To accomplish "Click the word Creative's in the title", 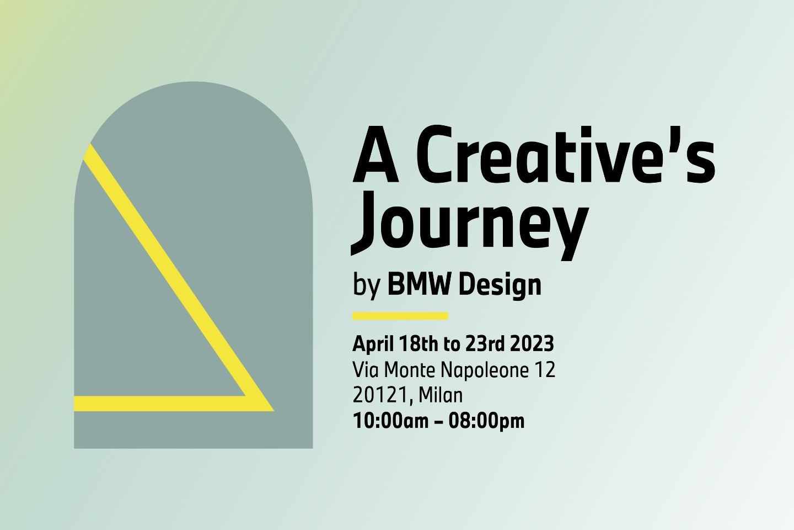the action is pyautogui.click(x=565, y=155).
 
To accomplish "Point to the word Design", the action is pyautogui.click(x=500, y=286).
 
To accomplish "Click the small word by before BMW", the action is pyautogui.click(x=367, y=287).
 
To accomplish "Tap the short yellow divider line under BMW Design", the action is pyautogui.click(x=400, y=316).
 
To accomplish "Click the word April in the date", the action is pyautogui.click(x=373, y=344).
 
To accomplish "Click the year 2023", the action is pyautogui.click(x=532, y=344).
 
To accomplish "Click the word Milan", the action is pyautogui.click(x=441, y=395).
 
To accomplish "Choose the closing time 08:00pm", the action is pyautogui.click(x=486, y=421).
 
